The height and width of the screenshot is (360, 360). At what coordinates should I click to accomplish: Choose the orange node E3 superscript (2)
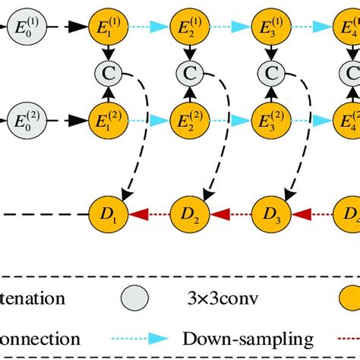[x=269, y=120]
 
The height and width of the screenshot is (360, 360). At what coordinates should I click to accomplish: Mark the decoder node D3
[x=269, y=215]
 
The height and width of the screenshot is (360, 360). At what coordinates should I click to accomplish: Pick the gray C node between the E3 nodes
[x=269, y=74]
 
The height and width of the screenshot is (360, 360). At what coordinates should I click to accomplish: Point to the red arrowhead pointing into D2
[x=219, y=215]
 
